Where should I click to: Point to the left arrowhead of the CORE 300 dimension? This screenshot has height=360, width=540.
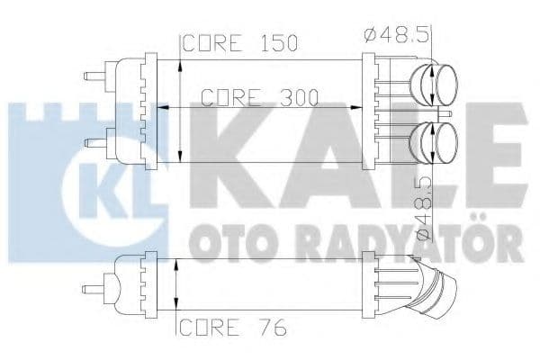[162, 106]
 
